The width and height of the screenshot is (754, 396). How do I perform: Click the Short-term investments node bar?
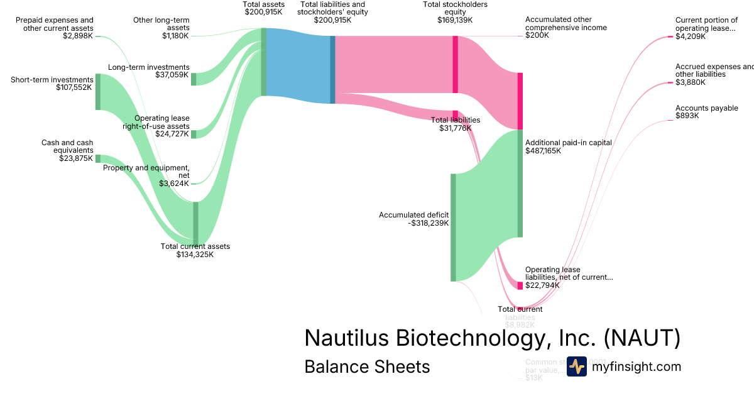click(x=97, y=92)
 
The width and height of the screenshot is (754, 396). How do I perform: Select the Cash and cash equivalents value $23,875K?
click(x=76, y=158)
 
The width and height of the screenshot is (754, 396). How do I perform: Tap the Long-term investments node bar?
click(x=194, y=79)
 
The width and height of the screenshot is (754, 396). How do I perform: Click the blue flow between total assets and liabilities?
click(x=298, y=66)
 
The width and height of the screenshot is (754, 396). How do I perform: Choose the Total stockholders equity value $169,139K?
click(x=455, y=20)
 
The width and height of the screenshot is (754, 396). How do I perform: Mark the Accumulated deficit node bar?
click(x=453, y=228)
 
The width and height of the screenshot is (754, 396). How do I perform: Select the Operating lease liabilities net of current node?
click(x=520, y=285)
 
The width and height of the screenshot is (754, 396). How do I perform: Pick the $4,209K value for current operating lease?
click(x=691, y=36)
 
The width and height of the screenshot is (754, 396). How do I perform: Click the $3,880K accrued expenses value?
click(x=691, y=82)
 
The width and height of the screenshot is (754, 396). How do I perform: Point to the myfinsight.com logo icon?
click(x=576, y=366)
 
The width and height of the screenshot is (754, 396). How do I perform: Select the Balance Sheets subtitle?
click(x=367, y=366)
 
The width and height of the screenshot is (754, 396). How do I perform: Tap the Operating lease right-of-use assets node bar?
click(x=194, y=134)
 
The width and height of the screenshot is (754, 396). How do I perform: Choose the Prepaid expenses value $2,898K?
click(x=77, y=36)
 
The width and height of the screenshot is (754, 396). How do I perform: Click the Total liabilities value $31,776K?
click(x=456, y=128)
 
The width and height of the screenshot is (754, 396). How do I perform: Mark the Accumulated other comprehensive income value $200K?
click(x=537, y=36)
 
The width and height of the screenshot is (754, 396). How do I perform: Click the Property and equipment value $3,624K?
click(x=173, y=184)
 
